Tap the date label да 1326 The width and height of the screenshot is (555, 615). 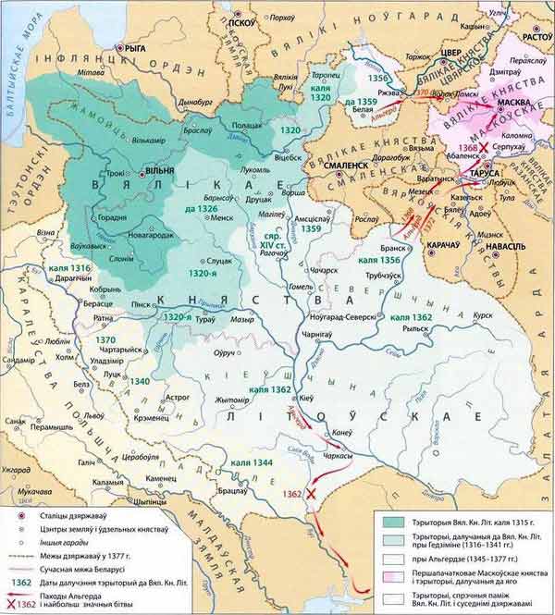tap(198, 209)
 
